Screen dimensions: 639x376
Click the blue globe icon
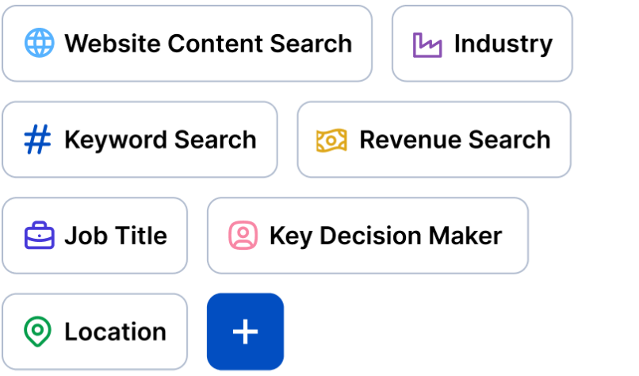pyautogui.click(x=39, y=43)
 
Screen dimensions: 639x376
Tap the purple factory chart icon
pyautogui.click(x=427, y=44)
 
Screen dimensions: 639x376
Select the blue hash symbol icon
pyautogui.click(x=38, y=140)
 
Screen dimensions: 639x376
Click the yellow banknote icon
pyautogui.click(x=331, y=140)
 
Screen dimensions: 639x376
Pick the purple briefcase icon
pyautogui.click(x=39, y=236)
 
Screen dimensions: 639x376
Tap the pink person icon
pyautogui.click(x=243, y=236)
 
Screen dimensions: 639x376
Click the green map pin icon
pyautogui.click(x=38, y=332)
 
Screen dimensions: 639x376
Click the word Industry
pyautogui.click(x=503, y=44)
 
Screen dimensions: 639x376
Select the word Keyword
pyautogui.click(x=116, y=140)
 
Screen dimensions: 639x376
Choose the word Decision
pyautogui.click(x=367, y=236)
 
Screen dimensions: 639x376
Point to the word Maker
pyautogui.click(x=466, y=236)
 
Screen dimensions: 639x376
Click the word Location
pyautogui.click(x=115, y=332)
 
